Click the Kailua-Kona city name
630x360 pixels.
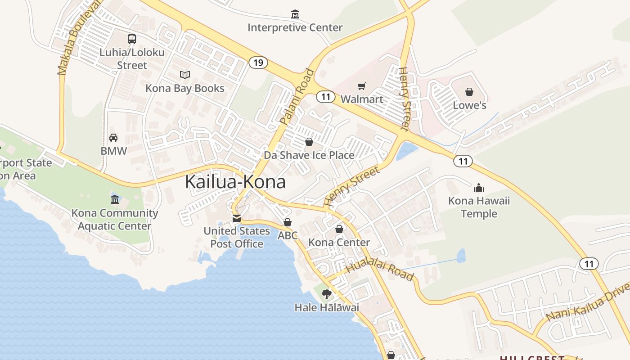pos(235,182)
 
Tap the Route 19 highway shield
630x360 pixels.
pos(258,63)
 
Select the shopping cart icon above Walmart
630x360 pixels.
pos(361,86)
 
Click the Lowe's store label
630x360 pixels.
pos(469,105)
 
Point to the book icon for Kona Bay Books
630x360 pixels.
pos(184,75)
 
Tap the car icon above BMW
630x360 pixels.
pos(113,138)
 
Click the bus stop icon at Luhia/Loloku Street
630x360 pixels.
pos(131,39)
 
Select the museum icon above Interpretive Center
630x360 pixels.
pos(295,14)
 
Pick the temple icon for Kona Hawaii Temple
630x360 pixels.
pos(479,187)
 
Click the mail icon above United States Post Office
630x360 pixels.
pos(236,218)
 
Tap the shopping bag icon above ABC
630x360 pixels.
pos(288,222)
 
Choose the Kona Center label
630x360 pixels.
pos(339,243)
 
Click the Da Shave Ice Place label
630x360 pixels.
pos(309,155)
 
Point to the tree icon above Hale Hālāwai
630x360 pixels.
pos(327,294)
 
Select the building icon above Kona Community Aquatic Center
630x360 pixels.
pos(115,199)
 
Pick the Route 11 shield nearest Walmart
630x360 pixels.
pos(325,96)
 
